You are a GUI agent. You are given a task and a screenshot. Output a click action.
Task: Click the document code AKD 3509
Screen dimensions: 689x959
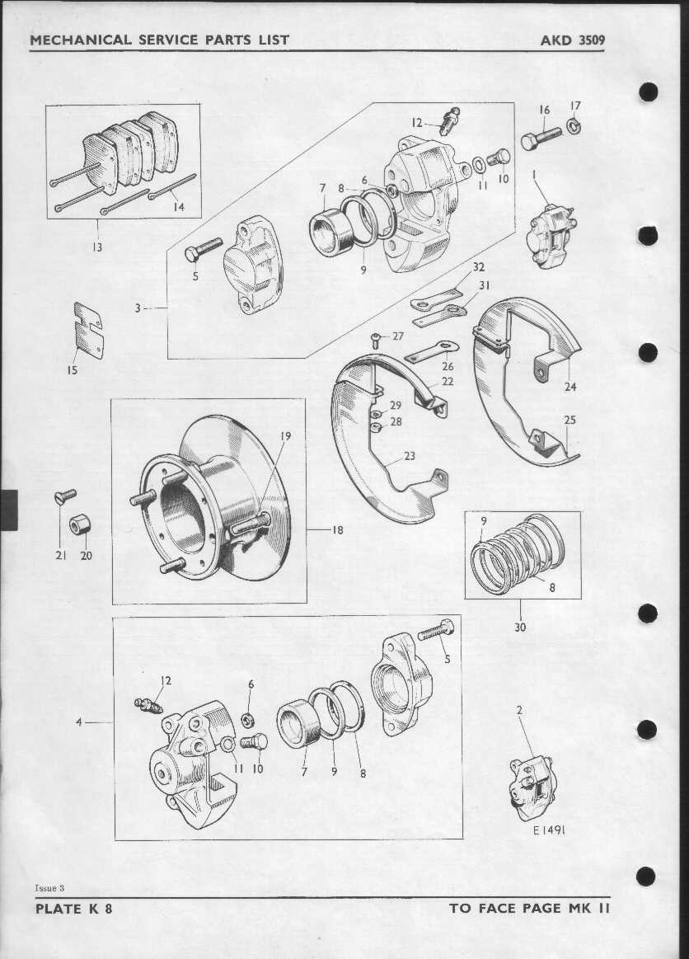tap(572, 40)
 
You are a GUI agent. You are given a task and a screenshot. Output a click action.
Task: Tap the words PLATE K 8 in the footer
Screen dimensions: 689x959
tap(74, 908)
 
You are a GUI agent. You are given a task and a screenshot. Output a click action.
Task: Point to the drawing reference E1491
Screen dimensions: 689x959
tap(548, 830)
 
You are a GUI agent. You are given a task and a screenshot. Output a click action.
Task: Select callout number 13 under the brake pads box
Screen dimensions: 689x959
tap(97, 247)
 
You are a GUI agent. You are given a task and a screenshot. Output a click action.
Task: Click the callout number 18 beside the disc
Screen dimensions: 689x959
tap(337, 530)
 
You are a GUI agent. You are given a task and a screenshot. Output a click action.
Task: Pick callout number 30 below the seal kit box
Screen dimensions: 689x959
tap(520, 627)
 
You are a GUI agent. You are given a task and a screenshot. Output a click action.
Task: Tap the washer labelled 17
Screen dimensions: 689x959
tap(574, 127)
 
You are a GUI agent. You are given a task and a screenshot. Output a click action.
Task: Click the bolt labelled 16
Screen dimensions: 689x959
tap(541, 139)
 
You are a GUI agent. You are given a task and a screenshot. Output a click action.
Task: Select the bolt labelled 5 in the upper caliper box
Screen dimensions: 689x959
tap(204, 249)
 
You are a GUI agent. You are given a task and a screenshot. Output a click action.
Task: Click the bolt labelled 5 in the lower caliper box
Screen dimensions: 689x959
tap(436, 629)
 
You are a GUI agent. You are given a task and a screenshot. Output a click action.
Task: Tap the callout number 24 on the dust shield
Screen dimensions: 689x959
tap(570, 387)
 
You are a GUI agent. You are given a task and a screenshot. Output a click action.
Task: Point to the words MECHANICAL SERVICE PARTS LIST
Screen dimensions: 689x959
tap(159, 40)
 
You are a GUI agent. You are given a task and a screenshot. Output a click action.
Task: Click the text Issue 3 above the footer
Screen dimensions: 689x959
tap(49, 887)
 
